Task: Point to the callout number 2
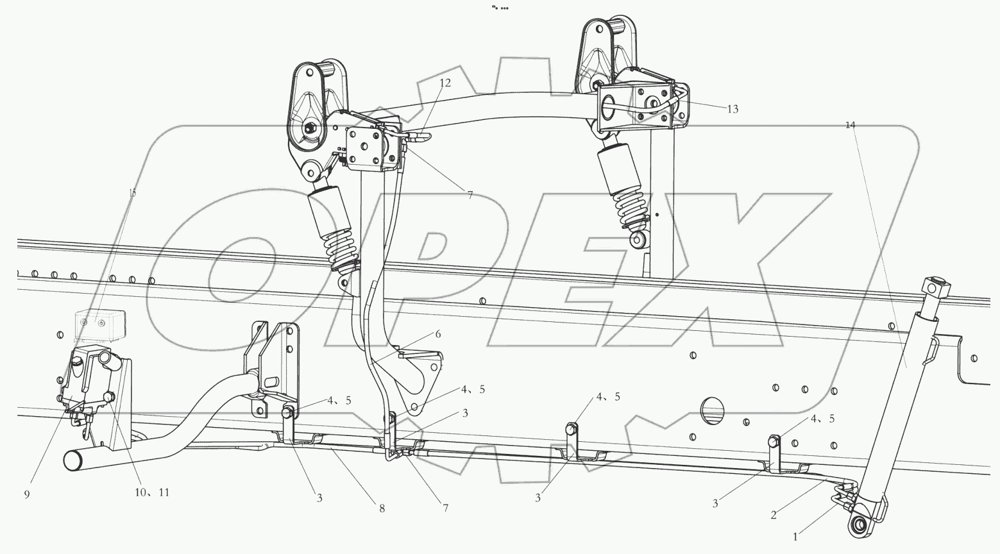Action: pyautogui.click(x=774, y=514)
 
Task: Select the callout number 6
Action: pyautogui.click(x=438, y=334)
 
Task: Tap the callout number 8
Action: pyautogui.click(x=382, y=508)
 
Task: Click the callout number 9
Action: pyautogui.click(x=26, y=494)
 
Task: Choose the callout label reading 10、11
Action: pyautogui.click(x=151, y=492)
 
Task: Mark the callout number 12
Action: pyautogui.click(x=445, y=83)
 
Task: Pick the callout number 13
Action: pyautogui.click(x=733, y=109)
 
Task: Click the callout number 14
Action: pyautogui.click(x=850, y=125)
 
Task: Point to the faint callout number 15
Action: pyautogui.click(x=133, y=192)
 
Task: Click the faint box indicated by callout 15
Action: pyautogui.click(x=99, y=324)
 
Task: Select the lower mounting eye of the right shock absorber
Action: pyautogui.click(x=638, y=241)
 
